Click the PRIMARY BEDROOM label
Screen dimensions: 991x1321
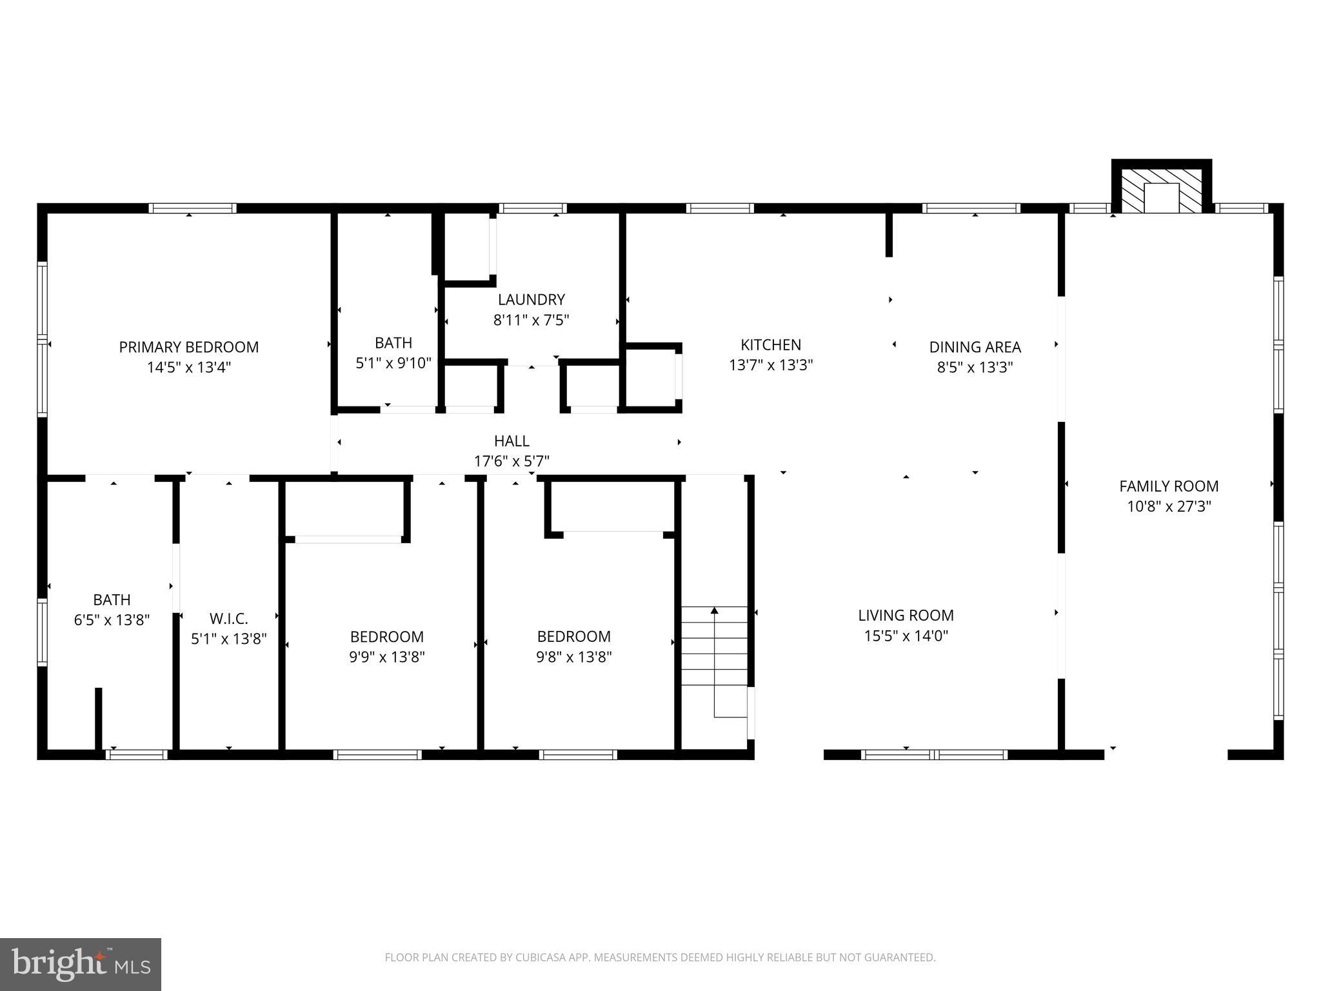[188, 347]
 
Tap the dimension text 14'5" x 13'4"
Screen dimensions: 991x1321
[188, 368]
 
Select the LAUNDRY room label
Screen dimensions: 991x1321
[531, 299]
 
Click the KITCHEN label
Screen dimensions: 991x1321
[770, 345]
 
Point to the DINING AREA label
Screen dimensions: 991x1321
[975, 347]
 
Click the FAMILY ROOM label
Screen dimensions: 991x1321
[1168, 486]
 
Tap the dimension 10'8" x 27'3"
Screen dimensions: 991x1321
[1168, 506]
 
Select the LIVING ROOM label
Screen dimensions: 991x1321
[906, 616]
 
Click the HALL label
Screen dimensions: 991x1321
[512, 441]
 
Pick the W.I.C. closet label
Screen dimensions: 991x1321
[228, 619]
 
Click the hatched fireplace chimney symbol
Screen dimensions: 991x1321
[1161, 192]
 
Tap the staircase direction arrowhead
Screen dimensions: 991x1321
[714, 610]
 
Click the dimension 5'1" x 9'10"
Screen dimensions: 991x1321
[393, 363]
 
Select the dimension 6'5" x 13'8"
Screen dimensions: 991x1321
[112, 620]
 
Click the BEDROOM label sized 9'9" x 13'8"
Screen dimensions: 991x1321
[386, 637]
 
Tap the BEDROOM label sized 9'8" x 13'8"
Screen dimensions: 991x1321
[573, 637]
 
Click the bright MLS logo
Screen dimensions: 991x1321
[80, 964]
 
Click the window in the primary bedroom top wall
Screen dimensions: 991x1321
[192, 208]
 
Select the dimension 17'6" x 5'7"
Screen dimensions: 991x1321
[512, 461]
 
